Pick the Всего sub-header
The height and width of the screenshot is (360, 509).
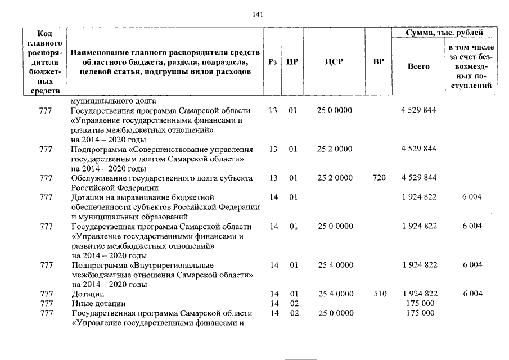pos(418,66)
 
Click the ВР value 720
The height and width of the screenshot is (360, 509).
pos(379,178)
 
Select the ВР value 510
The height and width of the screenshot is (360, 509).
pos(379,294)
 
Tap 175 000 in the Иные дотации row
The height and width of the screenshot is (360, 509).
pos(420,303)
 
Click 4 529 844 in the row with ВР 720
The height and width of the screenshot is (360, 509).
pos(419,178)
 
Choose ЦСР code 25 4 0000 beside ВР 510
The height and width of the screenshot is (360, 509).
pos(335,294)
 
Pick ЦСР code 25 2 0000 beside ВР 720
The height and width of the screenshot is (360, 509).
pos(335,178)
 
